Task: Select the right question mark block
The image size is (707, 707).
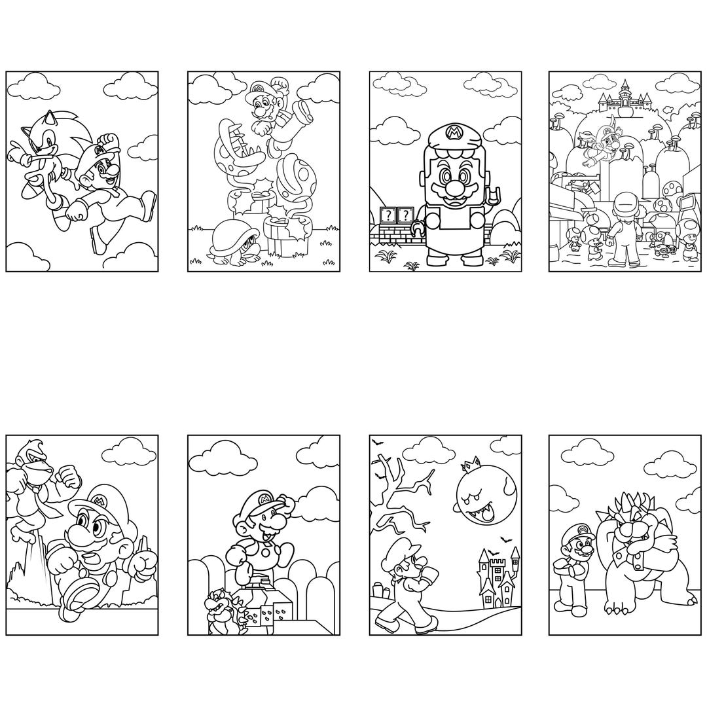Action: tap(406, 215)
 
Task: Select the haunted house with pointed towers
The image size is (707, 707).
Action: tap(498, 576)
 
